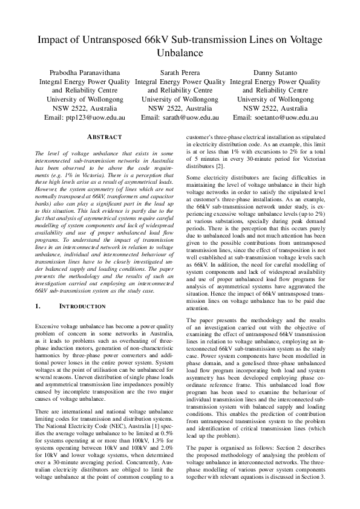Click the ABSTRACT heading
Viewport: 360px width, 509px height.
(105, 138)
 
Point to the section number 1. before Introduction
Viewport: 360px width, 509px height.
(38, 306)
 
